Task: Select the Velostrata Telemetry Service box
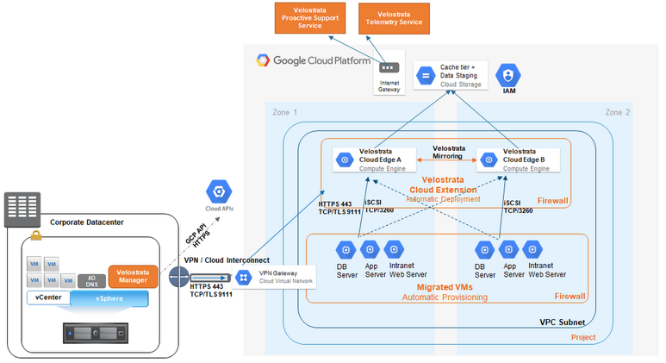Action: coord(393,17)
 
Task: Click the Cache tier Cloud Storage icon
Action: coord(424,76)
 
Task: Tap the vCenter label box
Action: coord(47,298)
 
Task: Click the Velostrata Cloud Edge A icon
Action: coord(343,160)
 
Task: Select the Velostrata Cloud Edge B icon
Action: coord(488,160)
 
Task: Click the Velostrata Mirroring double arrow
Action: coord(447,160)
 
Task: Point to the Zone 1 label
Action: coord(283,112)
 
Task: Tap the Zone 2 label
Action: coord(617,112)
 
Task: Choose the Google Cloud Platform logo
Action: coord(314,60)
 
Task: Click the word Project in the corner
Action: coord(583,337)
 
